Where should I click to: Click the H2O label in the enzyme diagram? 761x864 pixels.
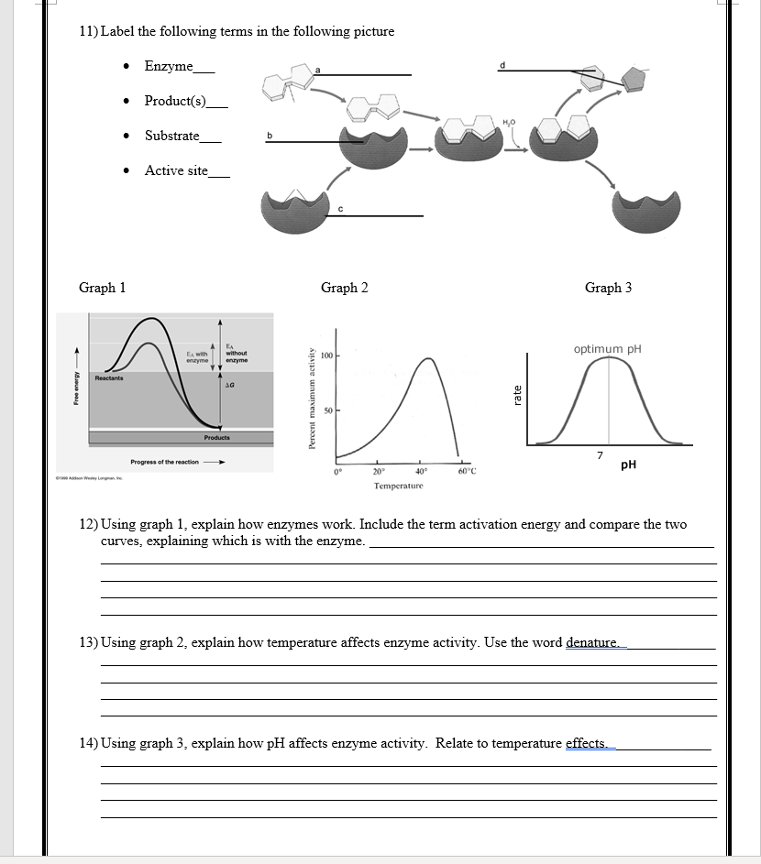coord(511,122)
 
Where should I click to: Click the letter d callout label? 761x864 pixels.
coord(502,63)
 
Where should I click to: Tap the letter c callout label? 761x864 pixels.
coord(340,209)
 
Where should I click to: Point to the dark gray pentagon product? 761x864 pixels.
coord(633,80)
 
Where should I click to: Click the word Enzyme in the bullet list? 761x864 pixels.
coord(169,66)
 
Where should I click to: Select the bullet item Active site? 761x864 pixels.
coord(176,170)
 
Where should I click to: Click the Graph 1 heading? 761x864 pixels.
coord(103,288)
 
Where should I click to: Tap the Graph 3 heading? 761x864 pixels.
coord(608,288)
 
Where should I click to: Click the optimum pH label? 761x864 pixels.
coord(608,349)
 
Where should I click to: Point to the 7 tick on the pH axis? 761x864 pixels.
coord(601,455)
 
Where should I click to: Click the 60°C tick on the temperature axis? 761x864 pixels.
coord(467,471)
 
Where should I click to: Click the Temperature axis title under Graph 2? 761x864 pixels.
coord(399,486)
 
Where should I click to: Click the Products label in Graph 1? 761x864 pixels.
coord(216,438)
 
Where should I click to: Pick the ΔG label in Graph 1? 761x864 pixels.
coord(229,385)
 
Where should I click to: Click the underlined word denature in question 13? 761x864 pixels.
coord(593,642)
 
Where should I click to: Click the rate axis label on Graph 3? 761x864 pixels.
coord(518,395)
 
